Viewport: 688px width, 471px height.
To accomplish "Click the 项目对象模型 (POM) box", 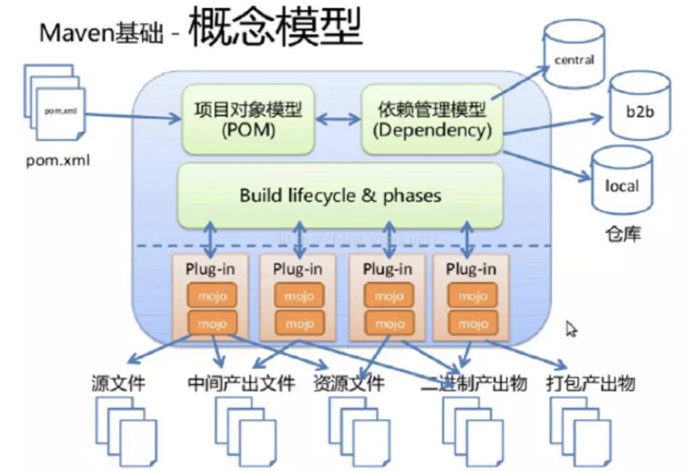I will coord(248,120).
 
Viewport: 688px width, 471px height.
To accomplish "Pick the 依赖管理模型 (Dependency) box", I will coord(432,120).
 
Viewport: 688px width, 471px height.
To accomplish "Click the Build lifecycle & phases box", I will coord(340,195).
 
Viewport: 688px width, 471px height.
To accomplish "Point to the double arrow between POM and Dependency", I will coord(338,119).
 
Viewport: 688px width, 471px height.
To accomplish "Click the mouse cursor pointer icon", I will coord(571,329).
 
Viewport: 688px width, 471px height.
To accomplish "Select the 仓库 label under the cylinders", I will coord(623,234).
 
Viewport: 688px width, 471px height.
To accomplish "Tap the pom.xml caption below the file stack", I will coord(58,160).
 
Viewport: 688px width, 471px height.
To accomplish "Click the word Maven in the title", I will coord(76,33).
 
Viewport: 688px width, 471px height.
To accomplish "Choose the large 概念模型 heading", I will coord(275,27).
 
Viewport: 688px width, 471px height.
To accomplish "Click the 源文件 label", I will coord(118,383).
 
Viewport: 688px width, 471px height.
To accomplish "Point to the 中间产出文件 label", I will coord(241,383).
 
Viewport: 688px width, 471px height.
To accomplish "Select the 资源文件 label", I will coord(348,383).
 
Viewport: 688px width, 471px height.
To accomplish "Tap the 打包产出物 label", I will coord(590,383).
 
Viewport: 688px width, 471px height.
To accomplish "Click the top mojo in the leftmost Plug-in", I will coord(212,296).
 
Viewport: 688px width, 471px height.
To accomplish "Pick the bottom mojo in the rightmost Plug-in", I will coord(473,323).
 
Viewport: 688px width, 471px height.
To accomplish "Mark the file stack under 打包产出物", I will coord(580,430).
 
